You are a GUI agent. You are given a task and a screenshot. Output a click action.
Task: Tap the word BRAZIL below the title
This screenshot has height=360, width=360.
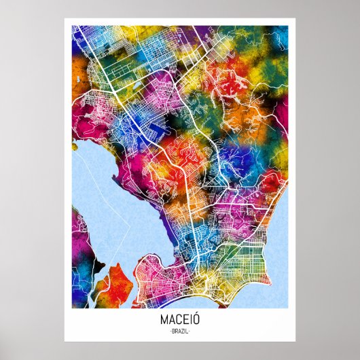coord(179,331)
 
